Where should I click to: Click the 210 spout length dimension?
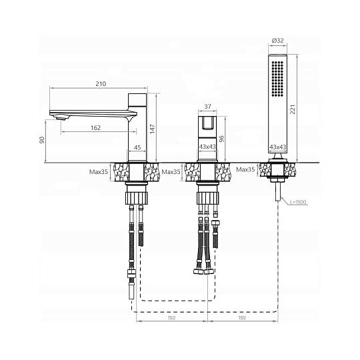click(101, 84)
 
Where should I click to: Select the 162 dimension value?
click(96, 127)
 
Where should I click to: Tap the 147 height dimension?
click(152, 129)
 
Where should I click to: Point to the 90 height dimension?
click(42, 140)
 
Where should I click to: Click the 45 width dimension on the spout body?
click(137, 147)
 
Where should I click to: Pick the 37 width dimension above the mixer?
click(207, 107)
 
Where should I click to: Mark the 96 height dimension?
click(221, 139)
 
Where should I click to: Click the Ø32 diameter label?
click(278, 41)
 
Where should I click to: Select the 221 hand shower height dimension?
click(293, 109)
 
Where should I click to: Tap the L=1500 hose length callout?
click(298, 202)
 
